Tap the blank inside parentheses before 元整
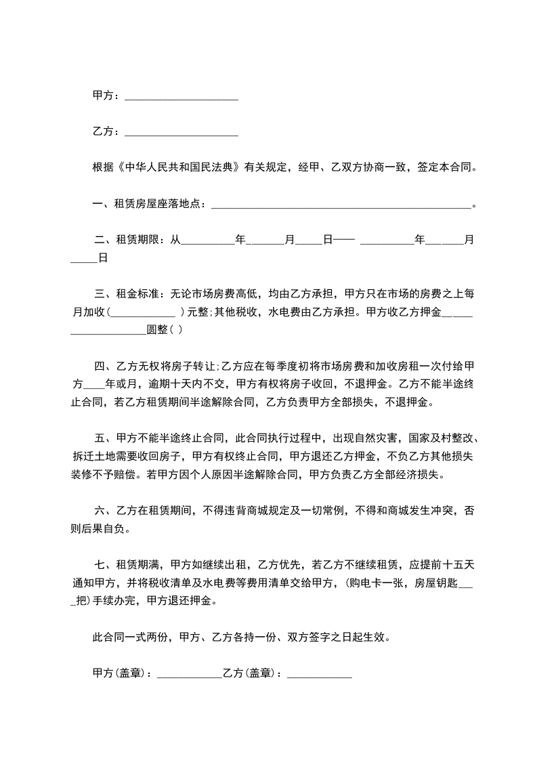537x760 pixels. pos(142,312)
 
